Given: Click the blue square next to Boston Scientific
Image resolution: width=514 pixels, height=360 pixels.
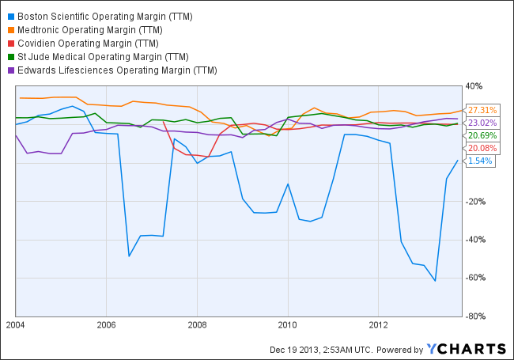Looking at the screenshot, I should pos(11,16).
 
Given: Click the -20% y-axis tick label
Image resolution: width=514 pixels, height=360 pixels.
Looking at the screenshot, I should pos(476,201).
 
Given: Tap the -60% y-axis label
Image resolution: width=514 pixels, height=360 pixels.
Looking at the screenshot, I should pos(476,278).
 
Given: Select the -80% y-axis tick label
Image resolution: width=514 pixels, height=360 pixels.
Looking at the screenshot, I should pos(476,316).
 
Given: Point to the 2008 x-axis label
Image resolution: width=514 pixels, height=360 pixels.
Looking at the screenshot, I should pos(197,324).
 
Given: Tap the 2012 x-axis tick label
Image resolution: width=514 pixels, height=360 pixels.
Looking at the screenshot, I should pos(379,324).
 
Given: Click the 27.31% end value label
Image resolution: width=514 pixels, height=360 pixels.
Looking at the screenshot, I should pos(482,110).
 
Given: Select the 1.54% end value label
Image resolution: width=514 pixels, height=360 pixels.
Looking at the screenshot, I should pos(480,161).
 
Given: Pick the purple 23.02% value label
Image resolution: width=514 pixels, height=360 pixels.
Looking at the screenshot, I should pos(482,123).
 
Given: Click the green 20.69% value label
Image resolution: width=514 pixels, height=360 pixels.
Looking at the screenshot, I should pos(482,136).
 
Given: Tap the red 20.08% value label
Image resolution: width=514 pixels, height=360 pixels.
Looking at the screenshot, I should pos(482,148).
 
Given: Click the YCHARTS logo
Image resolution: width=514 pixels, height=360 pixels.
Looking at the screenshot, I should pos(467,349).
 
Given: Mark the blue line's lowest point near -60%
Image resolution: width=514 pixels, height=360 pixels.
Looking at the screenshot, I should pos(435,281).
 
